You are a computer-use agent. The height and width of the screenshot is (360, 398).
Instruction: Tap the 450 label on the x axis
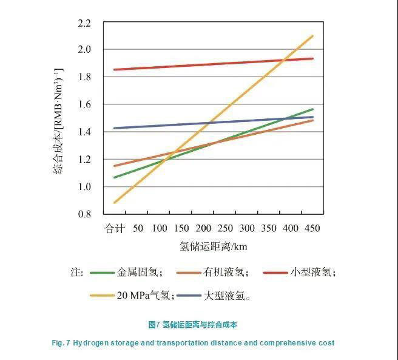point(312,228)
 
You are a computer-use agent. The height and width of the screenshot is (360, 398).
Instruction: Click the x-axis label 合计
point(115,228)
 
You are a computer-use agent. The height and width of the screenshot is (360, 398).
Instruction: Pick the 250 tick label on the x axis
point(224,228)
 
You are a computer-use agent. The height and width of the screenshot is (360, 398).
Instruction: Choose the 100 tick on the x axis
point(159,228)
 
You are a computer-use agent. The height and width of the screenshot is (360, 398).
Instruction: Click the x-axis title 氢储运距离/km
point(213,246)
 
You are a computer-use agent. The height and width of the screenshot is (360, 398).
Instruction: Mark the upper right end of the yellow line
point(312,36)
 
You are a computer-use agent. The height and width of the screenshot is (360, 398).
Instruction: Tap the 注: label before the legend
point(76,273)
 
